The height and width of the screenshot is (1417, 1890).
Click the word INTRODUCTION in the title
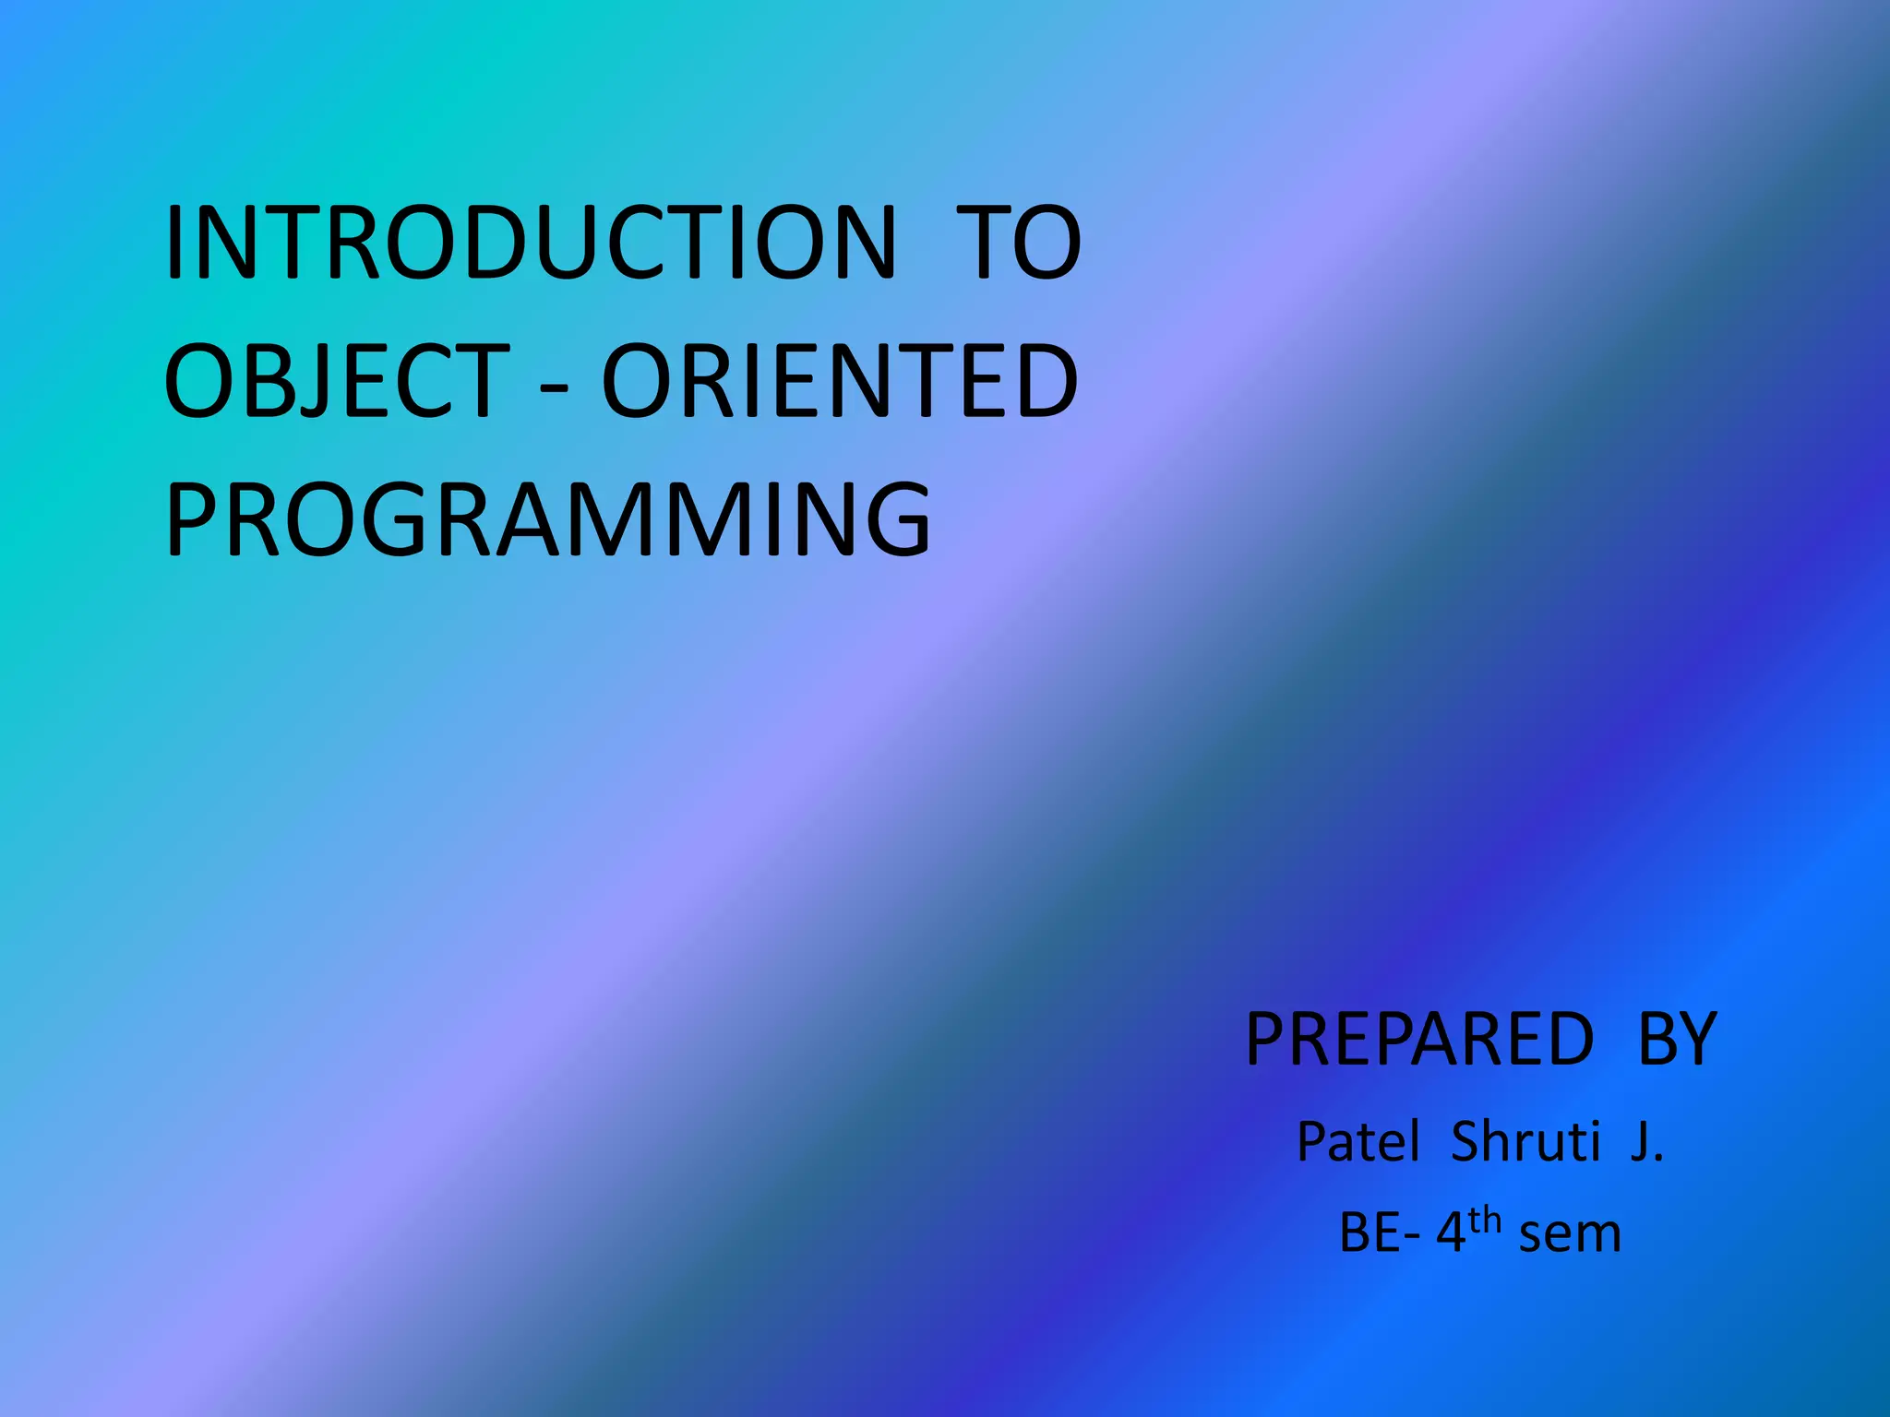[x=531, y=243]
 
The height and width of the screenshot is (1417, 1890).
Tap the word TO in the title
[x=1018, y=243]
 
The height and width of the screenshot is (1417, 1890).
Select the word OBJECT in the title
[x=337, y=380]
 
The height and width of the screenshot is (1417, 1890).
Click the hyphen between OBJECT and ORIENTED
[x=554, y=386]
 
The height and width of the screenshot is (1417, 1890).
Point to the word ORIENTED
[x=840, y=380]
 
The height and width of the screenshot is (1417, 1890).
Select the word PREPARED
[x=1419, y=1040]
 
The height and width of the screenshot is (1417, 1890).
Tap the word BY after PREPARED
[x=1677, y=1040]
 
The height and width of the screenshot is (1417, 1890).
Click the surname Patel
[x=1358, y=1142]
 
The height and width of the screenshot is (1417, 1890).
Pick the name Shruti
[x=1525, y=1142]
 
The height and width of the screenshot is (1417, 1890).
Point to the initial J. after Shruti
[x=1645, y=1142]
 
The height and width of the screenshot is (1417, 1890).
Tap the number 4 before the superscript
[x=1451, y=1232]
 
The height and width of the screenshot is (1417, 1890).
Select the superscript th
[x=1485, y=1220]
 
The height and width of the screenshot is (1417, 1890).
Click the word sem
[x=1570, y=1234]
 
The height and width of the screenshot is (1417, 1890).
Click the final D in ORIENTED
[x=1040, y=380]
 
